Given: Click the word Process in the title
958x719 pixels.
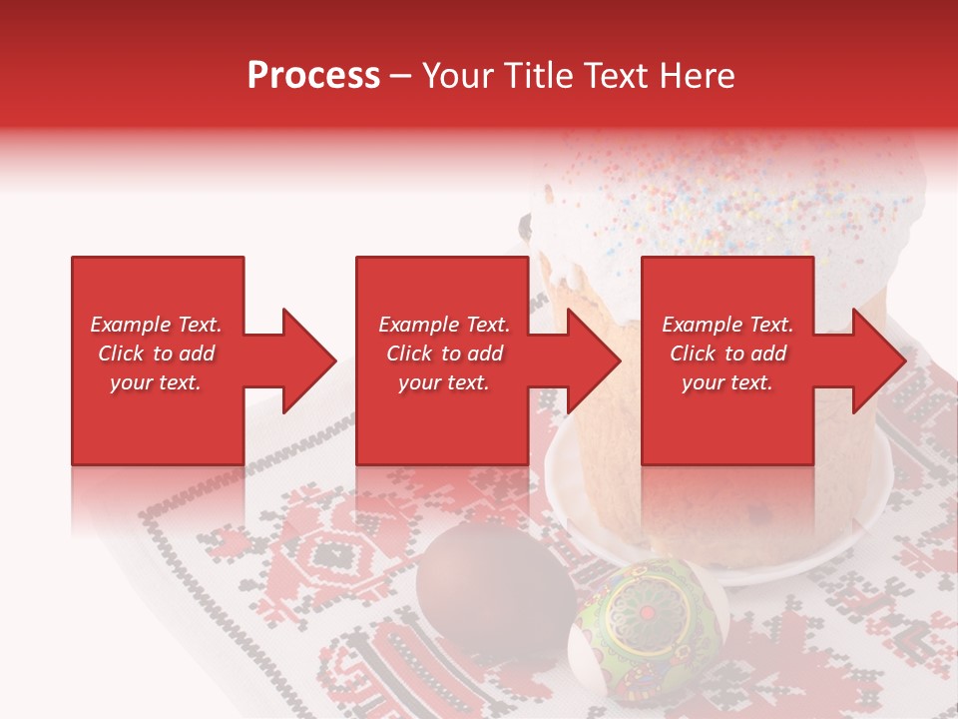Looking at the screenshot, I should point(313,76).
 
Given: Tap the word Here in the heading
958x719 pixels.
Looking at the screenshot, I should point(697,76).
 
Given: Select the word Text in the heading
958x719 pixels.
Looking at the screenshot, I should point(618,76).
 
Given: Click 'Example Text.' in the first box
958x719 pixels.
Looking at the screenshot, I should point(156,325).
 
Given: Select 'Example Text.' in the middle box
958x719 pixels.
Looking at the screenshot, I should point(444,325).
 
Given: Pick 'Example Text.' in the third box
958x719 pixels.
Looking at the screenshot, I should point(727,325).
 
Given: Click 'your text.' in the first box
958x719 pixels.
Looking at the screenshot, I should point(156,382).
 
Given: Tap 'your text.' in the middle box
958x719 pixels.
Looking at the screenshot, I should point(444,382).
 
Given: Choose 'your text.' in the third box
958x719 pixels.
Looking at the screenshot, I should point(727,382).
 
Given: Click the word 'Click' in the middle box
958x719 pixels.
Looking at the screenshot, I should point(410,354).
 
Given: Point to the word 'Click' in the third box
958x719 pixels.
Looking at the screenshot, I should point(694,354).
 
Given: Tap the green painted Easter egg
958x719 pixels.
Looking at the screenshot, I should point(649,624).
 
